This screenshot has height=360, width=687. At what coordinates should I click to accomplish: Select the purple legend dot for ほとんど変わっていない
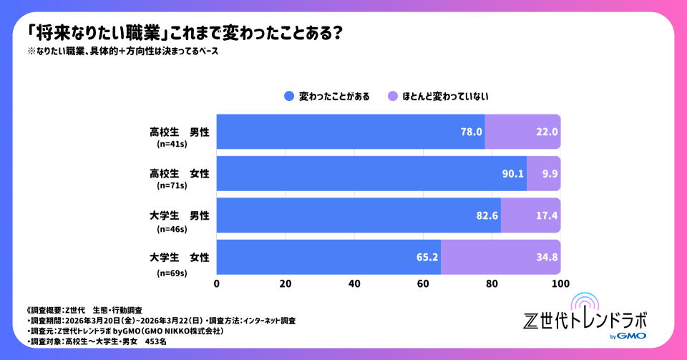391,96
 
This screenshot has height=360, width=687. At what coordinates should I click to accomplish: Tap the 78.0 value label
472,132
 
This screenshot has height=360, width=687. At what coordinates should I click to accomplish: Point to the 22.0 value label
547,132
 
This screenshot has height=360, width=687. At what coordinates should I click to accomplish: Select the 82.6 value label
487,215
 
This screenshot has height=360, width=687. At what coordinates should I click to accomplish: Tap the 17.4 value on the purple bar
547,215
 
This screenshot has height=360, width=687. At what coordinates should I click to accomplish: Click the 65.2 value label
427,257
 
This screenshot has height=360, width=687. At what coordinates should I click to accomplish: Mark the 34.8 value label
547,257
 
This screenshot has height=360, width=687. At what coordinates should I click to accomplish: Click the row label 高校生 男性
179,132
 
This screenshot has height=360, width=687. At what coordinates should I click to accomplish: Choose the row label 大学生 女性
179,257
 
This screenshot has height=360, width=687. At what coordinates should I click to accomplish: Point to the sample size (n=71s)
171,186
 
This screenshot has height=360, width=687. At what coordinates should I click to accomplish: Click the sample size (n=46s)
171,229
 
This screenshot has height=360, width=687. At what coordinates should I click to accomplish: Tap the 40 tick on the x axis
354,284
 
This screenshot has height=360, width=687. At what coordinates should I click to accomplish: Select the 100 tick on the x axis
560,284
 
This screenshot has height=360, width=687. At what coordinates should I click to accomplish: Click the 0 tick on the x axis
217,284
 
